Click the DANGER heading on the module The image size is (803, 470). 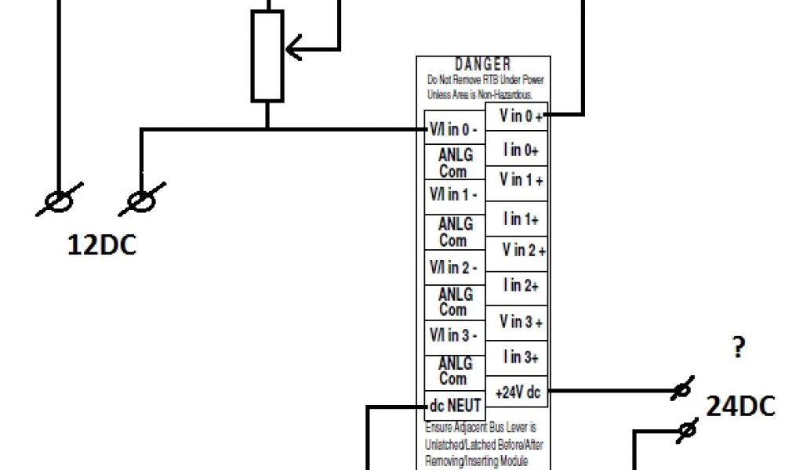point(483,64)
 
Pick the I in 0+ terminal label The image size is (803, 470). point(521,149)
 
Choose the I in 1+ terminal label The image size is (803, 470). point(521,219)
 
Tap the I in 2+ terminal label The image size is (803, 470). point(521,287)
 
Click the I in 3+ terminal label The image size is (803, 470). point(521,357)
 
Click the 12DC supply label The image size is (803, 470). point(101,245)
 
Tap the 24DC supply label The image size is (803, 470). point(740,406)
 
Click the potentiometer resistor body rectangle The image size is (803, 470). point(267,56)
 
